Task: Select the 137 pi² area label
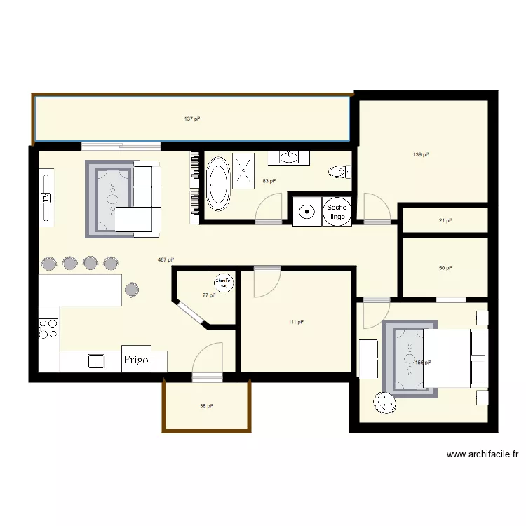click(x=192, y=119)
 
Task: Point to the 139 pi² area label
click(x=421, y=154)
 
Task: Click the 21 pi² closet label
click(x=445, y=220)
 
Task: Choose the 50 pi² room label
click(x=445, y=268)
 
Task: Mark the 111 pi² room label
click(x=295, y=322)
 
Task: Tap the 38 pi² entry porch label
click(x=206, y=406)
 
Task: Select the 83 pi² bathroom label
click(x=269, y=181)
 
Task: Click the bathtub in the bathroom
click(x=217, y=187)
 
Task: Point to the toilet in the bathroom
click(x=340, y=170)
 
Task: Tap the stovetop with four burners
click(x=48, y=328)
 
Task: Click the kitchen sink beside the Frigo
click(x=95, y=361)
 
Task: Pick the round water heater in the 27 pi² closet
click(x=224, y=283)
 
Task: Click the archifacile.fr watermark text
click(x=483, y=454)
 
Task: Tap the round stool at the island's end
click(x=133, y=289)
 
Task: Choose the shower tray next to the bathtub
click(x=244, y=171)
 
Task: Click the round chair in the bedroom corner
click(x=385, y=403)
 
